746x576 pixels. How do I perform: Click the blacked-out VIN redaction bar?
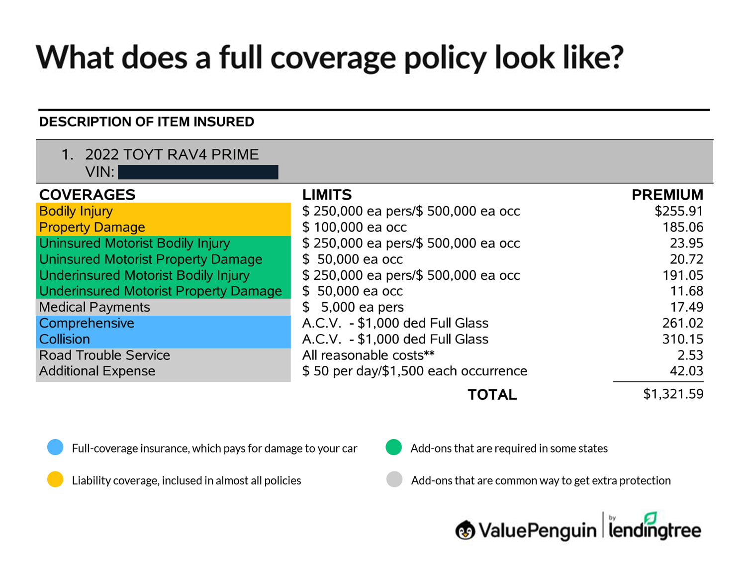click(198, 172)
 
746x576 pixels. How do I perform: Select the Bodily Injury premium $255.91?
click(678, 211)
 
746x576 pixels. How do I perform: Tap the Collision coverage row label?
click(65, 339)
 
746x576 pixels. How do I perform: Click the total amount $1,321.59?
click(673, 394)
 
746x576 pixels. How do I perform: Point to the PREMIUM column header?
click(667, 195)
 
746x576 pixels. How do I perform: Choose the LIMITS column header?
click(327, 195)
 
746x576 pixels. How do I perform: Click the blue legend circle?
click(55, 447)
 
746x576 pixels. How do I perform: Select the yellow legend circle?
click(55, 479)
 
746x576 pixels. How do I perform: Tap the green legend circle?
click(393, 447)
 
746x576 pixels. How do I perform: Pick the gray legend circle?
click(394, 479)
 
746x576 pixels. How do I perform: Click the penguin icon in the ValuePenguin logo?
click(465, 530)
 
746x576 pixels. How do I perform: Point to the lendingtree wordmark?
click(654, 530)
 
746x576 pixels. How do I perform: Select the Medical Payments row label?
click(94, 307)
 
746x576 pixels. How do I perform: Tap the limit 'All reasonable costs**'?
click(368, 355)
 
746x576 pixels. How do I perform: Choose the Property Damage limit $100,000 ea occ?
click(354, 227)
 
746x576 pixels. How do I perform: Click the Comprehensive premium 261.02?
click(682, 323)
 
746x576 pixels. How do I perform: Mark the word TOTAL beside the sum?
click(492, 394)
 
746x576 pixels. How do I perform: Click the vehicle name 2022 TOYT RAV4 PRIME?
click(172, 154)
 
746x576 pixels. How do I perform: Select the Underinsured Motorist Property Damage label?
click(160, 291)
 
